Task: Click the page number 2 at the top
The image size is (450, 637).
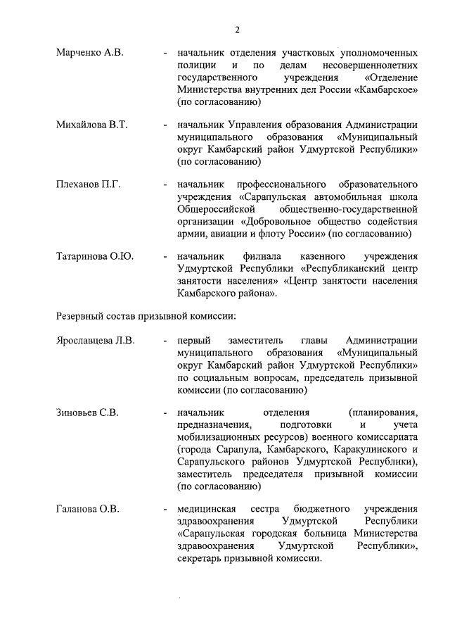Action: pos(237,30)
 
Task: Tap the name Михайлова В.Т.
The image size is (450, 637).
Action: pos(91,125)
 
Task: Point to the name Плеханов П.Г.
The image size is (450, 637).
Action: pos(89,184)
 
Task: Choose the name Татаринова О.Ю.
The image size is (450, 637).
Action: pos(95,256)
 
